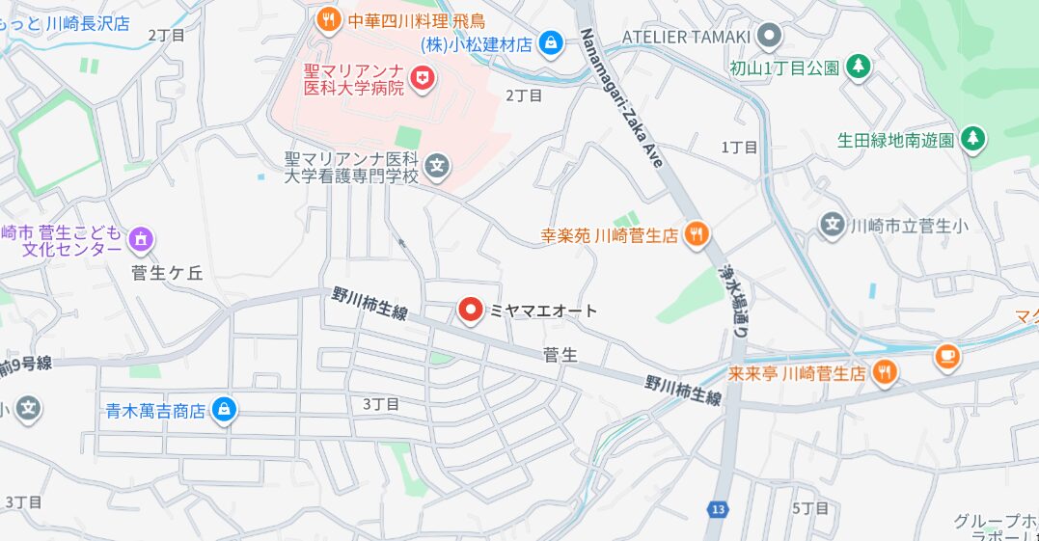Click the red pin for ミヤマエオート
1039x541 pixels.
[470, 310]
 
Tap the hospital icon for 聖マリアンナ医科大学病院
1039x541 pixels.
[422, 78]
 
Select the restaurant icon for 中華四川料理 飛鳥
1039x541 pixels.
[329, 18]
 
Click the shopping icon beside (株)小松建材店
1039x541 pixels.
[551, 42]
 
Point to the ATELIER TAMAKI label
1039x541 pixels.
[687, 37]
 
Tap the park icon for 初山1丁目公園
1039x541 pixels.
[857, 67]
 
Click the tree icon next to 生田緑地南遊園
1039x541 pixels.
[973, 139]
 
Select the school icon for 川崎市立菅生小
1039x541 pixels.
[832, 226]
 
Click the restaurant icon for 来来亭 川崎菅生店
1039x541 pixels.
[883, 372]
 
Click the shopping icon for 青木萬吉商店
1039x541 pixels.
[224, 410]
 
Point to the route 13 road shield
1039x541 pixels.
[717, 508]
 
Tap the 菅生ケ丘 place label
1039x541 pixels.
[167, 273]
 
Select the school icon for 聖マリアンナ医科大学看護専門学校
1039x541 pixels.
[438, 167]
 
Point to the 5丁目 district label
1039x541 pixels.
[809, 508]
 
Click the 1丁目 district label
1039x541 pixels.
[739, 147]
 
